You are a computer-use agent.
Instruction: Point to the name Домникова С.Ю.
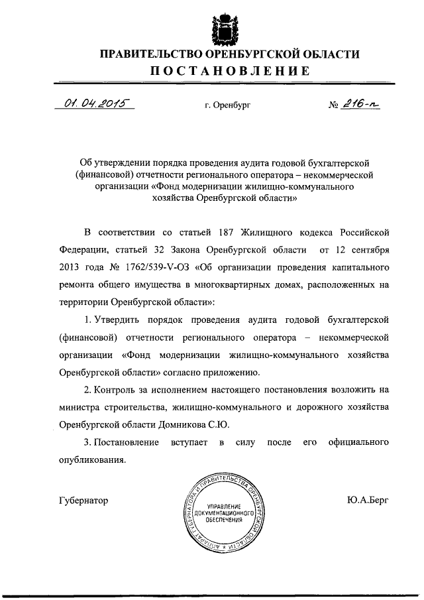point(199,423)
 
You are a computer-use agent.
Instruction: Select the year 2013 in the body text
point(71,268)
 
